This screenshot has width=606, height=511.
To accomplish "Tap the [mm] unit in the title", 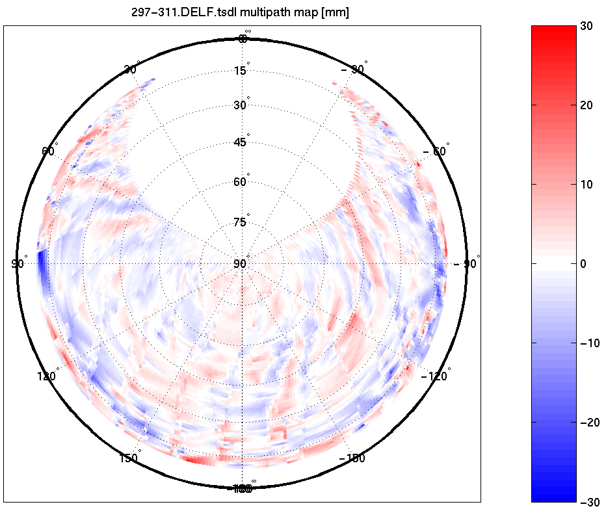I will tap(335, 13).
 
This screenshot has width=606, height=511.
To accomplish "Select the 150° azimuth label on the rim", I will tap(130, 458).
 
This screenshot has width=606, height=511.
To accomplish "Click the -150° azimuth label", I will tap(352, 458).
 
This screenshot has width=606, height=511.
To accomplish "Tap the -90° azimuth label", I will tap(467, 263).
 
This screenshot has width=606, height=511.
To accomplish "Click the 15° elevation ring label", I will tap(241, 70).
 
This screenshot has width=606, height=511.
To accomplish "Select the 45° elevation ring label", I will tap(241, 142).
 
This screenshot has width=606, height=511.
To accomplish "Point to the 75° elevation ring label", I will tap(241, 222).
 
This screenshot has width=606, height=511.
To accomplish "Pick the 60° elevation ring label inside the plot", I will tap(241, 182).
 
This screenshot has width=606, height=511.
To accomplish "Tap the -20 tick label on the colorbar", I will tap(588, 423).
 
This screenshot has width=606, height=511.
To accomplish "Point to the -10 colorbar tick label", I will tap(588, 343).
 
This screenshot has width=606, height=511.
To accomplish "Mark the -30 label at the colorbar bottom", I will tap(588, 501).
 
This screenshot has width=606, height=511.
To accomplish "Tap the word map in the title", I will tap(302, 13).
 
